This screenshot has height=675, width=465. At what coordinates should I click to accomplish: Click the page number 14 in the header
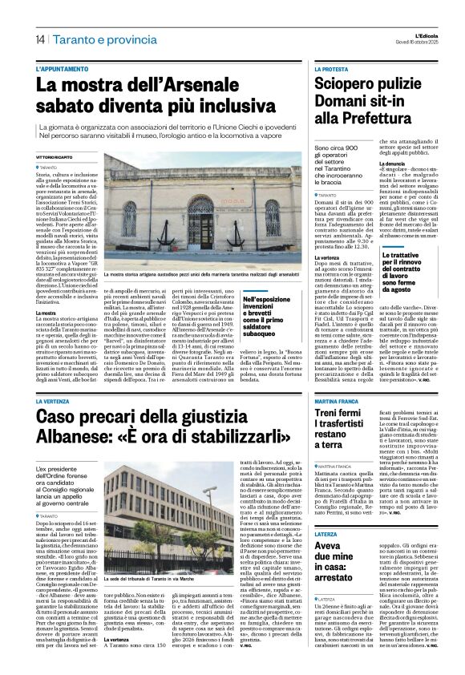39,38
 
